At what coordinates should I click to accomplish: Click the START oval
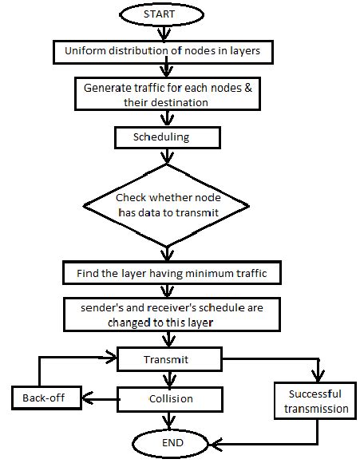pos(164,15)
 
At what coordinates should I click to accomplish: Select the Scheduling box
pos(165,138)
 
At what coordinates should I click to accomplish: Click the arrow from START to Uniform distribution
pos(164,34)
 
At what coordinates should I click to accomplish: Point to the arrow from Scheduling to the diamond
pos(166,156)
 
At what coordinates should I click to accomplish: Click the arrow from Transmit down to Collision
pos(168,378)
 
